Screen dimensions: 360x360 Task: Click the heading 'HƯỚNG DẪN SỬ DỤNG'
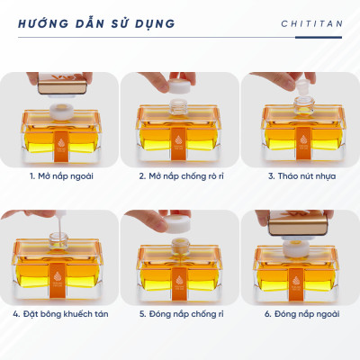point(96,22)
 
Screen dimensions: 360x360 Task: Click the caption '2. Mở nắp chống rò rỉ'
point(180,175)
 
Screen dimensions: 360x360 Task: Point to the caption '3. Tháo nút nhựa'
point(301,175)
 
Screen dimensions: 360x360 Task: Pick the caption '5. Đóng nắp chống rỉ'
point(180,314)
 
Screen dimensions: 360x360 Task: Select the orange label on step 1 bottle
point(60,142)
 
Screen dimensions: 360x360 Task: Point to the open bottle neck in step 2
point(180,112)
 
